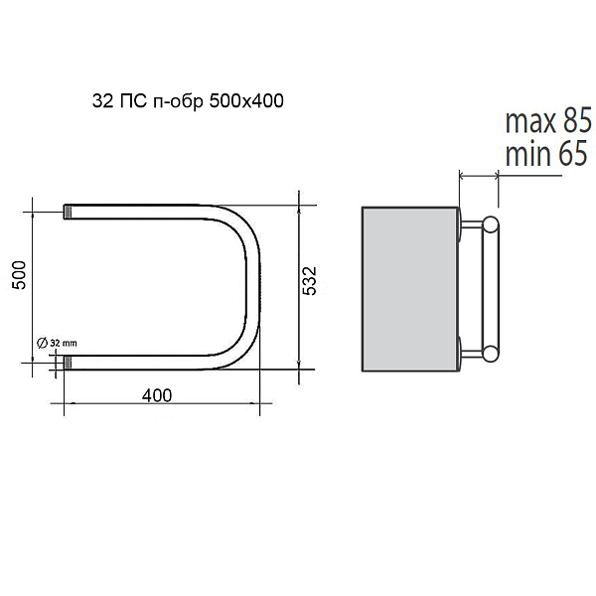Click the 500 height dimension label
point(20,275)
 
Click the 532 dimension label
point(309,280)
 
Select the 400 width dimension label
point(157,395)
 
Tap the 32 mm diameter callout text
point(64,343)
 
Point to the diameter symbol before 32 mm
point(42,343)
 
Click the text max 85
point(548,120)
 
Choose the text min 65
point(546,153)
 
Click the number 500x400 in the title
point(246,101)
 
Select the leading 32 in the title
point(102,101)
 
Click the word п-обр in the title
point(178,102)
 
